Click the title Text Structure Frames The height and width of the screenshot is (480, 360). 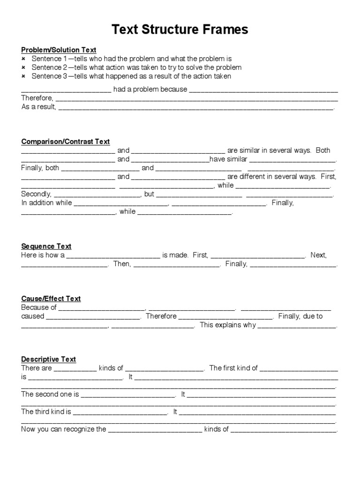point(180,30)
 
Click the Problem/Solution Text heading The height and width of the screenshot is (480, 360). point(59,50)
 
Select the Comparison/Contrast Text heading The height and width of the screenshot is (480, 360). point(65,142)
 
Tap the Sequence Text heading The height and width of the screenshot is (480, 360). point(46,246)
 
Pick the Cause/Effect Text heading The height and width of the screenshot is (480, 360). point(51,299)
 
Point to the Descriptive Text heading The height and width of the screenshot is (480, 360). point(48,359)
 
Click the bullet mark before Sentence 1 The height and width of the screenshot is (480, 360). point(23,59)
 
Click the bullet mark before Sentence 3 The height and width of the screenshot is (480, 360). point(23,76)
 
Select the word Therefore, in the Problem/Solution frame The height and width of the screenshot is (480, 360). point(37,98)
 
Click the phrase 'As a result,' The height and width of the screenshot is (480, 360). point(38,107)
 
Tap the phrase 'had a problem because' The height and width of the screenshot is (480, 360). point(150,89)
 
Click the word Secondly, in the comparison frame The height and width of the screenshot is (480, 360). point(37,194)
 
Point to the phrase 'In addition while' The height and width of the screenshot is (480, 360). point(46,203)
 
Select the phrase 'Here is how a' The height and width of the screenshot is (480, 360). point(43,255)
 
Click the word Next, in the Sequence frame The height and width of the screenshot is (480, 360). point(318,255)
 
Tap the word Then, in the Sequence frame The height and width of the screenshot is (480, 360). point(122,264)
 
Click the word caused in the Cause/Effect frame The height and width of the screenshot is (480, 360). point(32,316)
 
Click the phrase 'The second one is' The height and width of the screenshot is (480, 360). point(50,394)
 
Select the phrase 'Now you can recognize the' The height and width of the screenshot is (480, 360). point(64,429)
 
